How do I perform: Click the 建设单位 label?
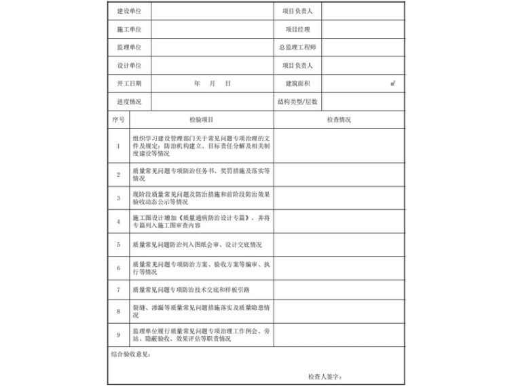[x=129, y=12]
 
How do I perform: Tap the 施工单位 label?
[x=129, y=29]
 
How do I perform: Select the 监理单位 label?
[x=129, y=48]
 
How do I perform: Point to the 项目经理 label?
[x=297, y=29]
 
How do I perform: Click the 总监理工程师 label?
[x=297, y=48]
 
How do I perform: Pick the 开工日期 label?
[x=129, y=84]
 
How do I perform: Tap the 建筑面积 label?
[x=297, y=84]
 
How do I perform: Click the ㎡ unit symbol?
[x=393, y=83]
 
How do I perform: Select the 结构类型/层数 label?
[x=297, y=102]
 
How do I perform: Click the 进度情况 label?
[x=129, y=102]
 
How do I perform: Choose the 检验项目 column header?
[x=202, y=119]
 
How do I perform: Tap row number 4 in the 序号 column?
[x=118, y=221]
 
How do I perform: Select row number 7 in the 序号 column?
[x=118, y=289]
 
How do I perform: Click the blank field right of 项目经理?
[x=362, y=29]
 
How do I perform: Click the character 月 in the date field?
[x=213, y=84]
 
